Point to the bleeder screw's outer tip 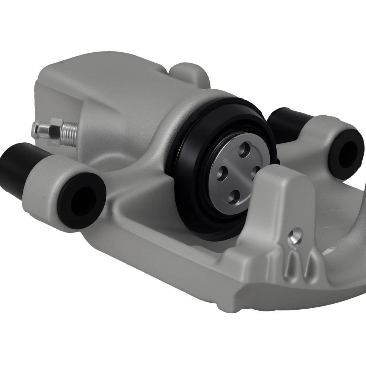tap(35, 129)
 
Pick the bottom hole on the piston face tap(231, 198)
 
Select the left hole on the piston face tap(220, 170)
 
